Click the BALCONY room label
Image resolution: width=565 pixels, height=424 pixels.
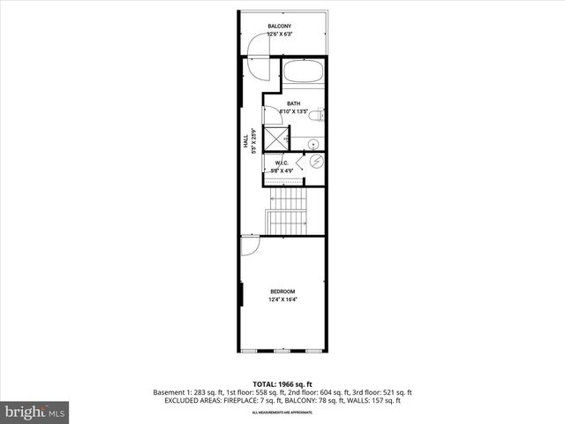coord(281,26)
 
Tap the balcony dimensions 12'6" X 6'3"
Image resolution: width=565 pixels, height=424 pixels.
coord(281,34)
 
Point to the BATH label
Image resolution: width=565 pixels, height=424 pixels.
coord(293,103)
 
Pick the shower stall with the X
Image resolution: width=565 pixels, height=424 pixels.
coord(277,139)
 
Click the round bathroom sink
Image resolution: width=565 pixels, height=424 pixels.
coord(314,143)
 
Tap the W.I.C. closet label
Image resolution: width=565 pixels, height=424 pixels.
coord(282,163)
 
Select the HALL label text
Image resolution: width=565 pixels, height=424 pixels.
coord(246,140)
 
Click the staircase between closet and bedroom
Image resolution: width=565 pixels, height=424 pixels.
coord(286,212)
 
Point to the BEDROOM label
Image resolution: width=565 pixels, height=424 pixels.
coord(282,291)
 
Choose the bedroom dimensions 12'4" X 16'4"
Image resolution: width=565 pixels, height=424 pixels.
coord(282,299)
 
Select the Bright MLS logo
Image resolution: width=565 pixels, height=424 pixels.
coord(35,412)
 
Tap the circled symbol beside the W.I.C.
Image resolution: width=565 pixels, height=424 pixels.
coord(316,163)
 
